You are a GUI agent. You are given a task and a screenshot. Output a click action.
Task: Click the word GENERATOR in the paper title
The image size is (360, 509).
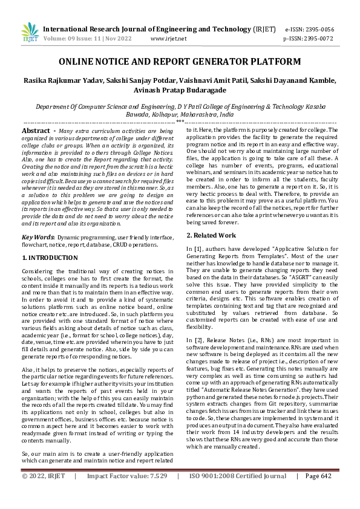[232, 62]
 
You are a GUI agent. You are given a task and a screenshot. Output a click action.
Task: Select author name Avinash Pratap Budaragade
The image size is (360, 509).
[180, 91]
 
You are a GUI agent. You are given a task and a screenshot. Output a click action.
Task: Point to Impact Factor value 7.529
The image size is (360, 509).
[156, 493]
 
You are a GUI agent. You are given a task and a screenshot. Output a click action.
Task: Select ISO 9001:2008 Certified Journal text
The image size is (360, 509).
[237, 493]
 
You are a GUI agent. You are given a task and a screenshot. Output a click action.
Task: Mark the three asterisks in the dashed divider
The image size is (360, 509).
[180, 122]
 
